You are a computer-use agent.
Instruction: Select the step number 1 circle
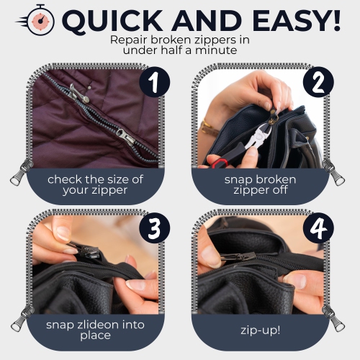tap(153, 84)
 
